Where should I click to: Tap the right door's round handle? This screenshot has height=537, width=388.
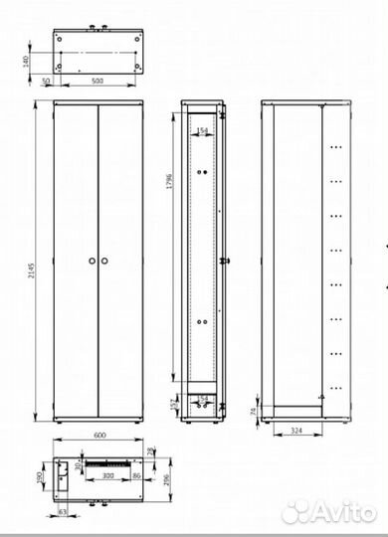pyautogui.click(x=104, y=261)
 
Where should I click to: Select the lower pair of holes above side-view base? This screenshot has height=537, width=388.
pyautogui.click(x=204, y=322)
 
